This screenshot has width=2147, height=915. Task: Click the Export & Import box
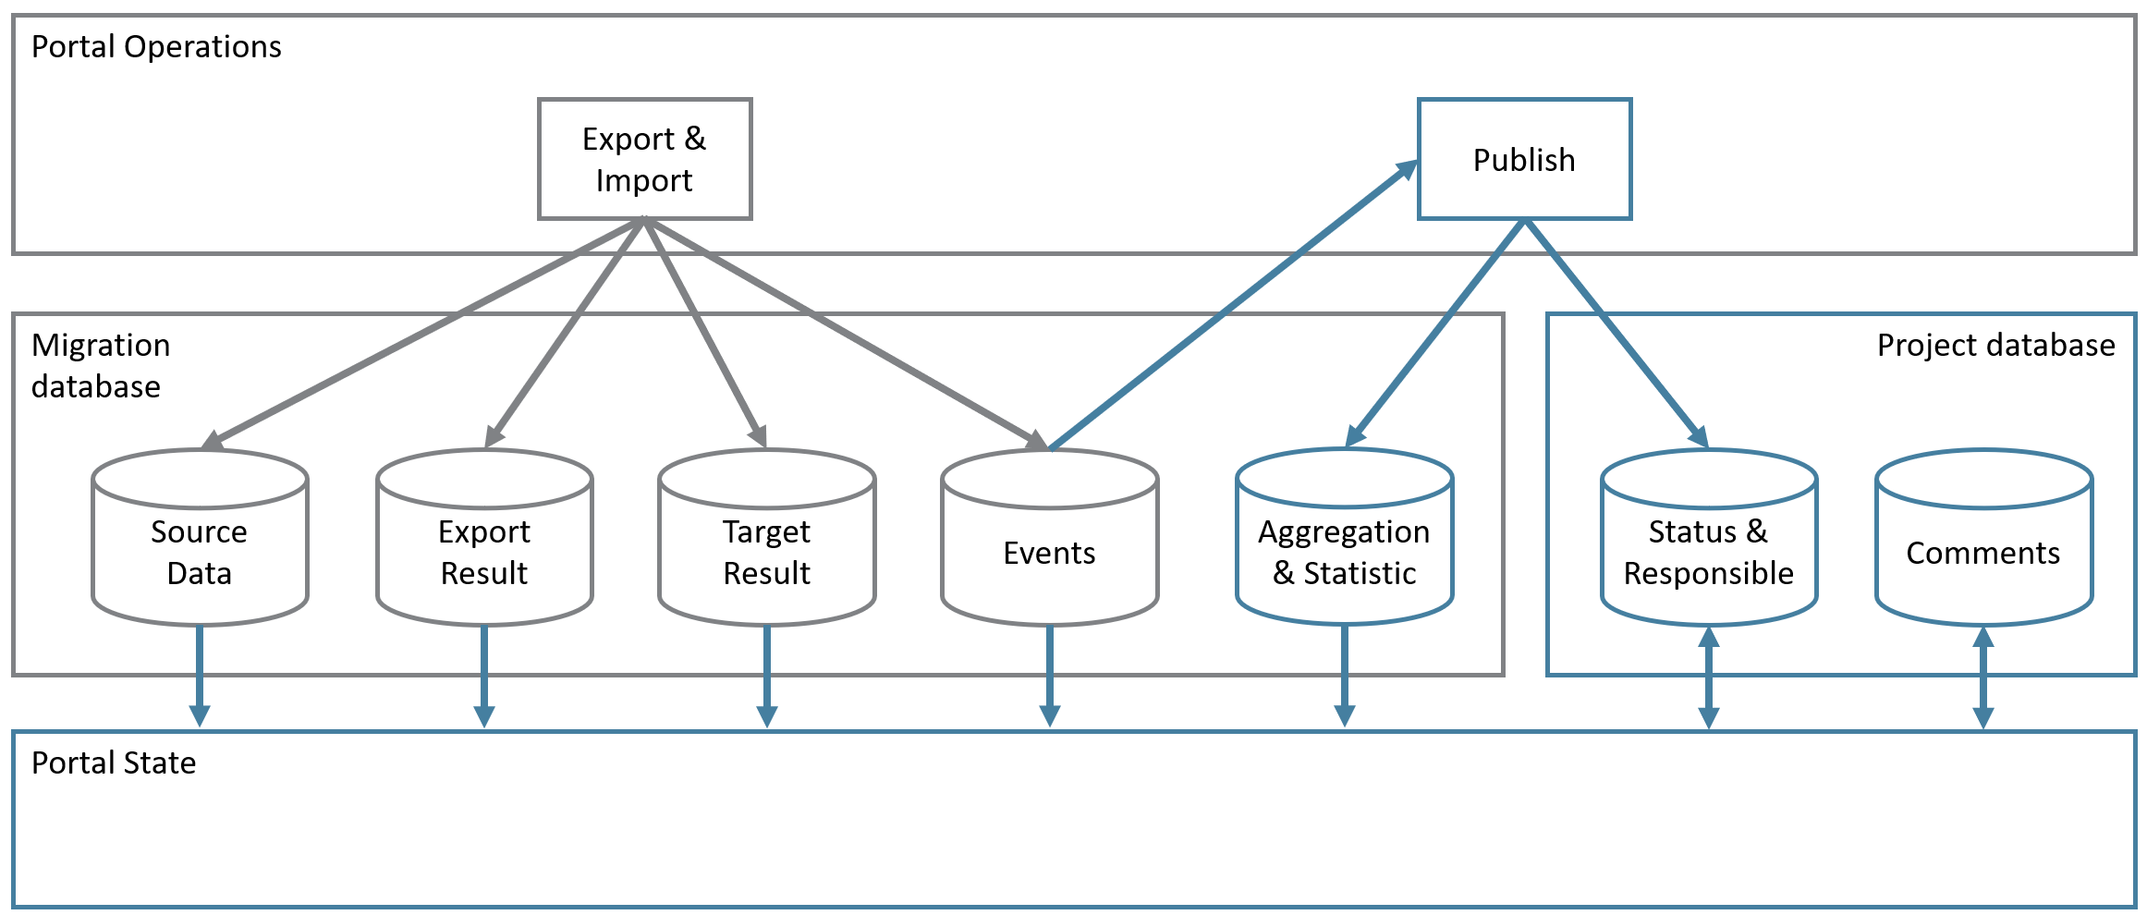[x=644, y=159]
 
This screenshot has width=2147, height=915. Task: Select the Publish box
[x=1524, y=159]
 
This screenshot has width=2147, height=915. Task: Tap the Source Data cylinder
[x=200, y=552]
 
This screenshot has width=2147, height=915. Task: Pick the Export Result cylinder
[x=483, y=552]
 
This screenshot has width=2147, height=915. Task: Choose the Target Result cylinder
[x=766, y=552]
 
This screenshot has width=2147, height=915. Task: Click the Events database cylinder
[x=1049, y=552]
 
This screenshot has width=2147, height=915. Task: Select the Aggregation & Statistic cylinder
[x=1344, y=552]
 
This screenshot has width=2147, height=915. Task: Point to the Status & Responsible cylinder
[x=1708, y=552]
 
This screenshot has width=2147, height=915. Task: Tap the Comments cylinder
[x=1983, y=552]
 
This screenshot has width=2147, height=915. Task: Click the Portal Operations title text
[x=156, y=46]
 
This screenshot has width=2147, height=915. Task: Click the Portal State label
[x=114, y=762]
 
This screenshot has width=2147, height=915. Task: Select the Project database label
[x=1995, y=345]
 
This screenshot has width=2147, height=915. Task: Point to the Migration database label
[x=100, y=365]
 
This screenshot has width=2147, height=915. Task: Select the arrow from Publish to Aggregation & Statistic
[x=1436, y=333]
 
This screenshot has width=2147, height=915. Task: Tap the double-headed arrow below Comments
[x=1982, y=677]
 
